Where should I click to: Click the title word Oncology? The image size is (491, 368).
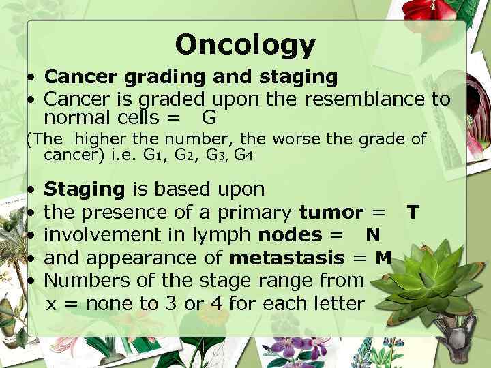(x=245, y=45)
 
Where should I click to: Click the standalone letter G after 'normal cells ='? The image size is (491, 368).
(x=209, y=118)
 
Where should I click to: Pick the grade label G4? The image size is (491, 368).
(x=244, y=155)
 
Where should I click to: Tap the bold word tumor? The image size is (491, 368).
(x=330, y=213)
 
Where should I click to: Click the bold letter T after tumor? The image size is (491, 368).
(x=412, y=213)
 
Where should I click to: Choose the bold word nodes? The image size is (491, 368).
(x=290, y=235)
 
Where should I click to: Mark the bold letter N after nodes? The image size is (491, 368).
(x=372, y=235)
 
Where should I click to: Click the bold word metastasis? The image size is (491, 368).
(x=287, y=258)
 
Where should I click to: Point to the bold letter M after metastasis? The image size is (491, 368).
(x=383, y=258)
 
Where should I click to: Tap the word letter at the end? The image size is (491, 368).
(x=336, y=303)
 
